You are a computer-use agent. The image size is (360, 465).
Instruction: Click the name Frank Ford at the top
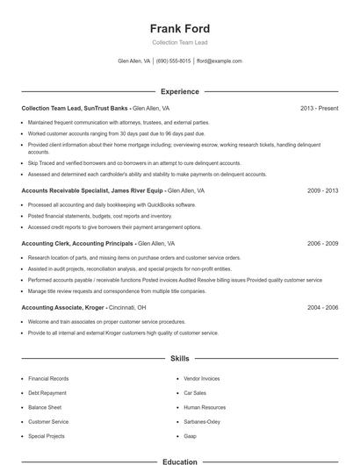coord(180,28)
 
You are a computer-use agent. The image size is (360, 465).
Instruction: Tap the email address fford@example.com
coord(220,61)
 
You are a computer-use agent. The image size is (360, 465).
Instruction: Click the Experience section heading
coord(180,91)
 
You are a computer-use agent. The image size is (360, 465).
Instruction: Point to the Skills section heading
coord(180,359)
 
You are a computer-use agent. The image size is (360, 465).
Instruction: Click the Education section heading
coord(180,461)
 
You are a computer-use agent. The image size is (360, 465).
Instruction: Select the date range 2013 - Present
coord(319,108)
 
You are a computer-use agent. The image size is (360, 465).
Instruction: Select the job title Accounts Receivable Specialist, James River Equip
coord(91,190)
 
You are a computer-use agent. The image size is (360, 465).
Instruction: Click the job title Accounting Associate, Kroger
coord(62,308)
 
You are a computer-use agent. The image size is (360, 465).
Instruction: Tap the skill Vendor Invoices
coord(202,378)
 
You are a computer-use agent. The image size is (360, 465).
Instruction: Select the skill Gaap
coord(190,435)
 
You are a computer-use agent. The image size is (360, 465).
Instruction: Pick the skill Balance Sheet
coord(45,407)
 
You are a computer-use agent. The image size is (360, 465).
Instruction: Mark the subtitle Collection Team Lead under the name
coord(180,42)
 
